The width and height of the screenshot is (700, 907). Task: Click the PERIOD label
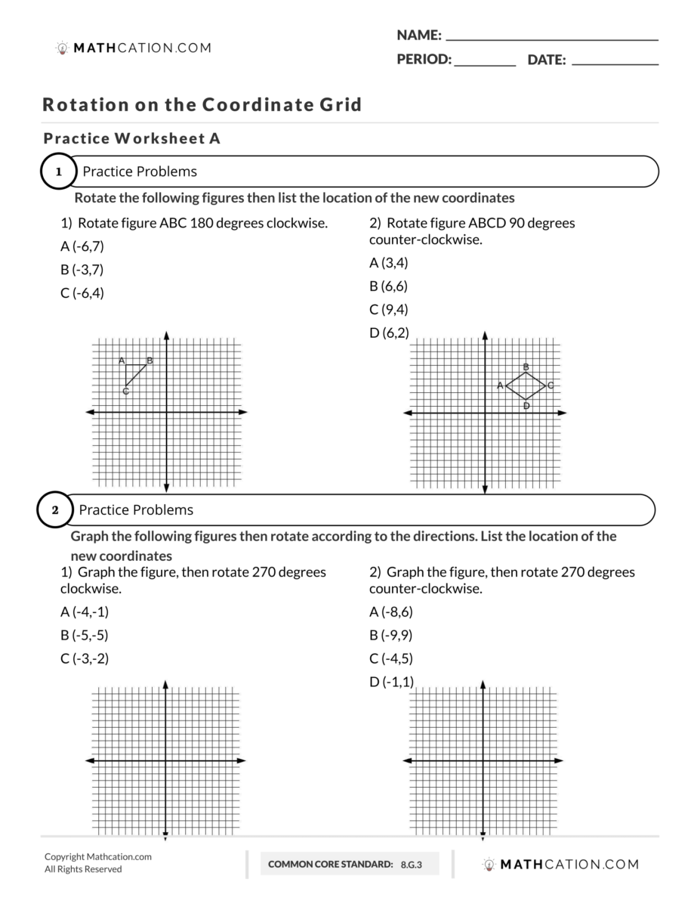pyautogui.click(x=424, y=60)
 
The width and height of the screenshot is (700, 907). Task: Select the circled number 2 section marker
pyautogui.click(x=55, y=510)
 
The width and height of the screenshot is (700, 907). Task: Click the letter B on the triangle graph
pyautogui.click(x=150, y=361)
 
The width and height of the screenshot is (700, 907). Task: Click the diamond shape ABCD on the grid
pyautogui.click(x=526, y=385)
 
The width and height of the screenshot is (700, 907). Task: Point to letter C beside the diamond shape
pyautogui.click(x=550, y=385)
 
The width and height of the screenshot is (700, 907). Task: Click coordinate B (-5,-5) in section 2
pyautogui.click(x=85, y=635)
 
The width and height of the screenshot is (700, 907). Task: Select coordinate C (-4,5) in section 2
pyautogui.click(x=391, y=658)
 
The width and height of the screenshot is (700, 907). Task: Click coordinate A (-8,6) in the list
pyautogui.click(x=391, y=612)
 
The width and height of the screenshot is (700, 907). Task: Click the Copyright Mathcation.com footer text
pyautogui.click(x=98, y=856)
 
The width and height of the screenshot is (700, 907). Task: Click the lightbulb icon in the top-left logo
pyautogui.click(x=63, y=48)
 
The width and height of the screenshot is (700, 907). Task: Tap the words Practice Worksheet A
pyautogui.click(x=131, y=139)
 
